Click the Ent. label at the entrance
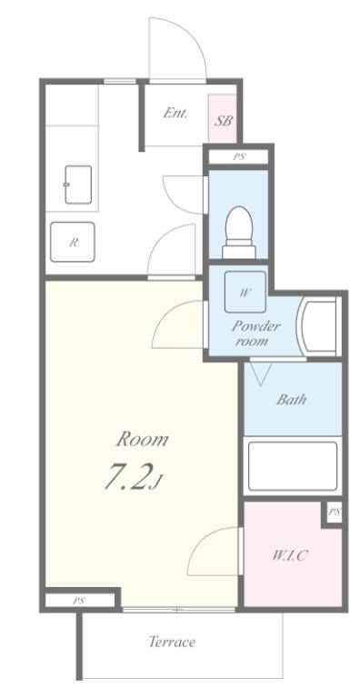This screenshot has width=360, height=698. pyautogui.click(x=175, y=114)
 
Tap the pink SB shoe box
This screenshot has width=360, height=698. pyautogui.click(x=222, y=120)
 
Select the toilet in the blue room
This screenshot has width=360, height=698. pyautogui.click(x=239, y=226)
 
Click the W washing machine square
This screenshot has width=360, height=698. pyautogui.click(x=245, y=293)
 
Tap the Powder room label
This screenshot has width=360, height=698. pyautogui.click(x=255, y=334)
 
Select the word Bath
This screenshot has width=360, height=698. pyautogui.click(x=292, y=398)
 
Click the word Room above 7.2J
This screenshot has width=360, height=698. pyautogui.click(x=142, y=440)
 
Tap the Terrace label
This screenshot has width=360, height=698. pyautogui.click(x=173, y=642)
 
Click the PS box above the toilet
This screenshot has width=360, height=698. pyautogui.click(x=239, y=157)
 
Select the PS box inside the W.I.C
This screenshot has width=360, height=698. pyautogui.click(x=334, y=513)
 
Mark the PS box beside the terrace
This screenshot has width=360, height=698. pyautogui.click(x=79, y=600)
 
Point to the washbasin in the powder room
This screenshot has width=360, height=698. pyautogui.click(x=319, y=326)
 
